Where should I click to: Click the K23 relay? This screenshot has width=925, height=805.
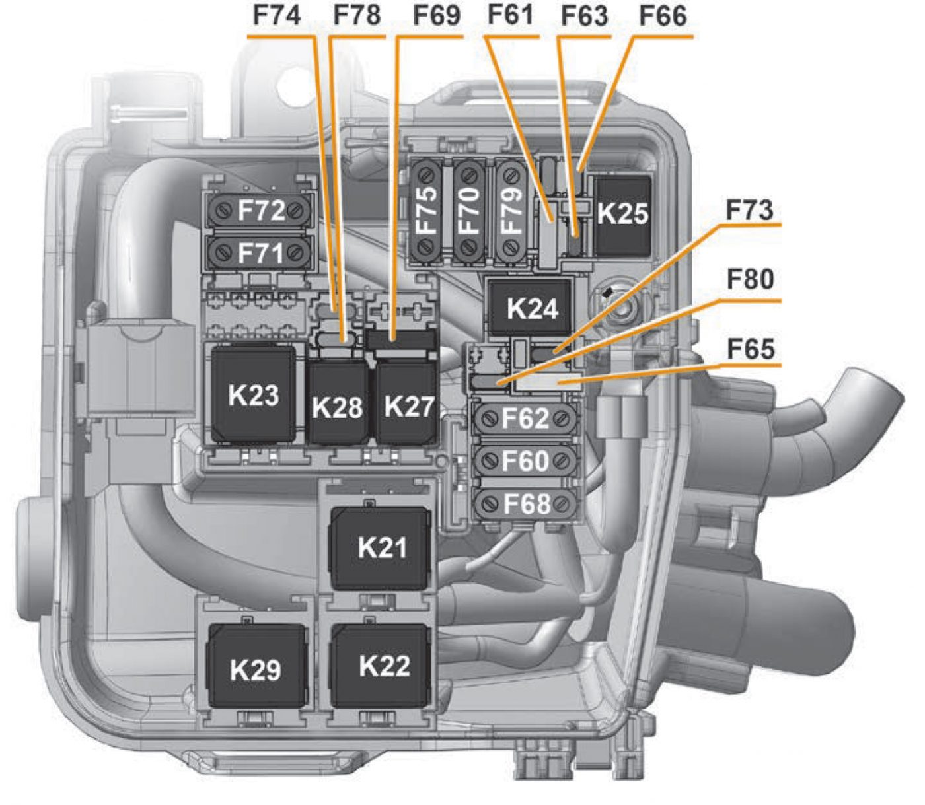(x=254, y=395)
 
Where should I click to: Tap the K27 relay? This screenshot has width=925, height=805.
(x=408, y=404)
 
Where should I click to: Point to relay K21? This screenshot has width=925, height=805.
(x=381, y=547)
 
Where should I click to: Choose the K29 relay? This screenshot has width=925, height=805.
(x=256, y=668)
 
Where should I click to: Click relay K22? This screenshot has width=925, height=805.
(x=383, y=666)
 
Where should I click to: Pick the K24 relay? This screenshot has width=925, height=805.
(x=531, y=308)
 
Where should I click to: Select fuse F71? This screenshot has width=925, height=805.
(x=260, y=252)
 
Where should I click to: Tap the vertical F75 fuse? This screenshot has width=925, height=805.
(x=427, y=211)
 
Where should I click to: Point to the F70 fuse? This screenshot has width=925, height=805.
(x=469, y=211)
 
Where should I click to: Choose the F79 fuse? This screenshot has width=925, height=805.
(x=511, y=211)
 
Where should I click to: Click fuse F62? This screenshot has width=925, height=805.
(x=525, y=419)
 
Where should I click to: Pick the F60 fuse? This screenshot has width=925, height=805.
(x=525, y=461)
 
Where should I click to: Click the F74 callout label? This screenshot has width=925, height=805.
(x=277, y=16)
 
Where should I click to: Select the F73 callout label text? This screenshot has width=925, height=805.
(x=749, y=210)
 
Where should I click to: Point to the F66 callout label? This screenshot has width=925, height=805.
(x=663, y=16)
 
